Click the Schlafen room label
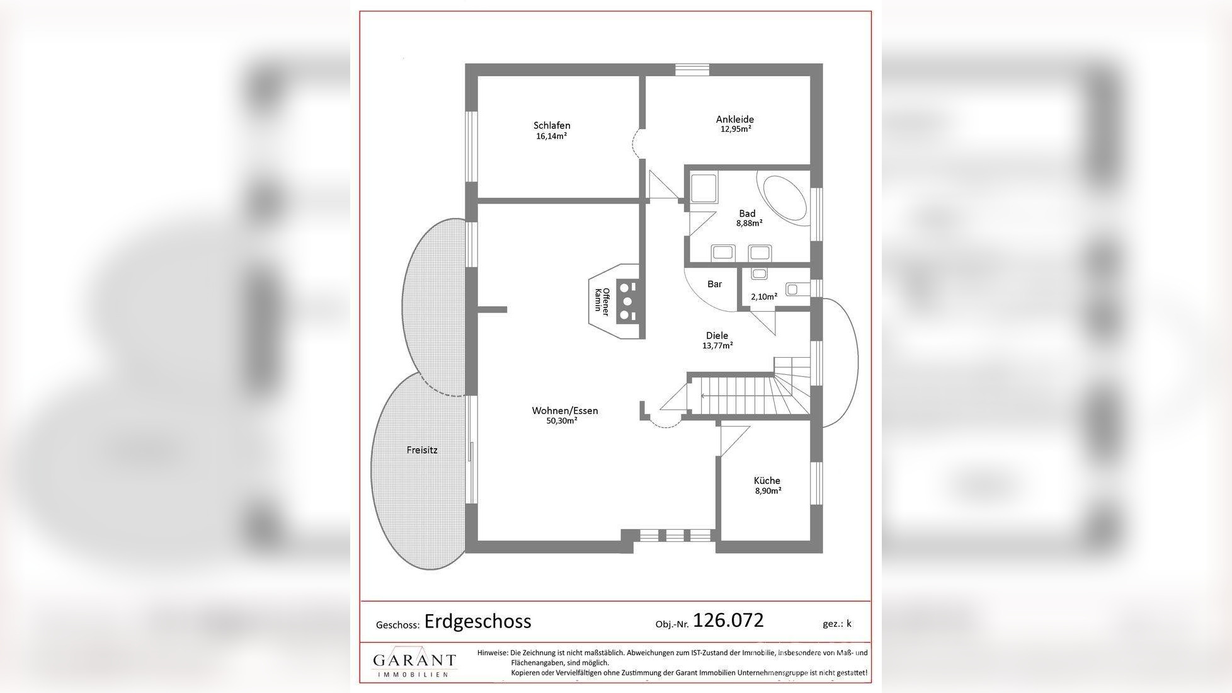552,125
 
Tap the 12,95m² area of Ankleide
735,129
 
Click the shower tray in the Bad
703,188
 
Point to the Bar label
714,284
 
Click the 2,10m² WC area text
763,297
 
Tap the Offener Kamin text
602,301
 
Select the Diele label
717,336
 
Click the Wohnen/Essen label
564,411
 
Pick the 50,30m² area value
562,421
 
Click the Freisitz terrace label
421,450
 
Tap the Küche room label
767,481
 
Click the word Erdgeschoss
477,621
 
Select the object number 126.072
728,620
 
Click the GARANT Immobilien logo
414,662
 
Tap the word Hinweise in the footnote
493,653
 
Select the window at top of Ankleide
692,70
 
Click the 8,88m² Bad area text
749,223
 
